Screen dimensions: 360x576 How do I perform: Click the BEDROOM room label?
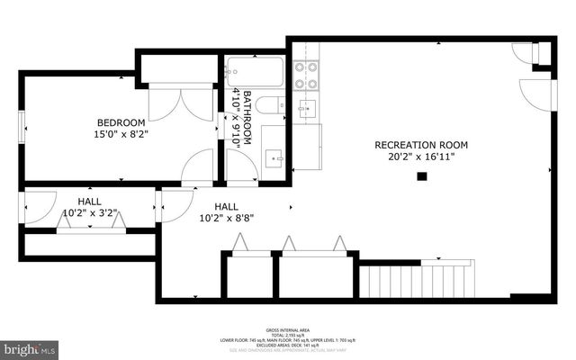click(121, 122)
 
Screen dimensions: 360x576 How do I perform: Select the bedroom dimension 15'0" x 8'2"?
click(121, 135)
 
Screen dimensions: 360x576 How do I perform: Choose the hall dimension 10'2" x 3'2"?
click(88, 214)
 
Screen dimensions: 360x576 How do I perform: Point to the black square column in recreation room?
click(421, 176)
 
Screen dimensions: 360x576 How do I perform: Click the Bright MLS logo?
click(30, 347)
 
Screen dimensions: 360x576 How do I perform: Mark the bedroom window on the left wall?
click(24, 126)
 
